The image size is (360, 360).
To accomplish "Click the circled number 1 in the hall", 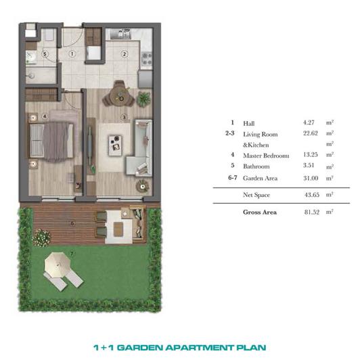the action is coord(72,53).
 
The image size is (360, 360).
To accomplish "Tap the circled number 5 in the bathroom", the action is coord(45,54).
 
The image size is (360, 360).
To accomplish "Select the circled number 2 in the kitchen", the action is coord(125,54).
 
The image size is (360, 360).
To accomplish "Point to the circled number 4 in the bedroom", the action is coord(45,116).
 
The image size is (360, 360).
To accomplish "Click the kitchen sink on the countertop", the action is coord(120,35).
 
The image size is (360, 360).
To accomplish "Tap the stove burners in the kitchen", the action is coord(147,59).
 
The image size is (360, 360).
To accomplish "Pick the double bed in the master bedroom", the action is coord(51,141).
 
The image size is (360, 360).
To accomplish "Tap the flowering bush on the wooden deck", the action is coord(41,238).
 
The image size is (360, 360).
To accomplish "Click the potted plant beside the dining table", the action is coord(144,99).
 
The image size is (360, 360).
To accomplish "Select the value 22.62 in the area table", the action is coord(311,133).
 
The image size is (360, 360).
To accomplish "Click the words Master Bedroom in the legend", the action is coord(266,156).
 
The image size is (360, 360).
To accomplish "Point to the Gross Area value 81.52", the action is coord(312,212).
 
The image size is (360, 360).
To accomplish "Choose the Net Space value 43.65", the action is coord(312,195).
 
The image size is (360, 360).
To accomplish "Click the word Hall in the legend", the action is coord(249,124).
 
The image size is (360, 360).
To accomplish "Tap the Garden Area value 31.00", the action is coord(311,178).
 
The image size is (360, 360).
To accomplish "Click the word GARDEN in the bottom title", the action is coord(141,348).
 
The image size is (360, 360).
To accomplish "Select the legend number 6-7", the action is coord(233,178).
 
